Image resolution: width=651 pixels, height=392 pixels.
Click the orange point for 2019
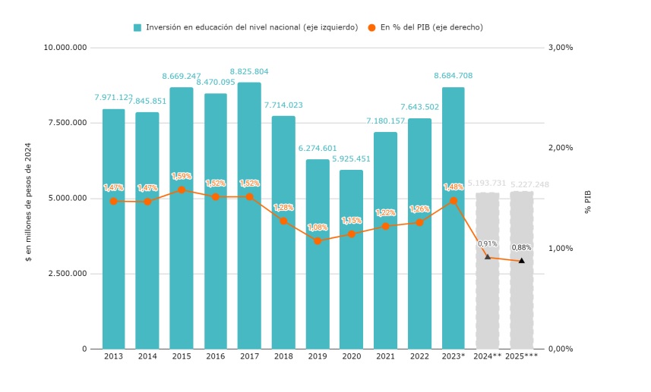(x=318, y=240)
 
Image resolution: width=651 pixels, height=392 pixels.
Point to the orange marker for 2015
(x=182, y=190)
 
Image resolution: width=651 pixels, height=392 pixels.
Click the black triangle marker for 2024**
(x=488, y=256)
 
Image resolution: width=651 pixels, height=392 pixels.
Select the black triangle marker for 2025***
(x=521, y=261)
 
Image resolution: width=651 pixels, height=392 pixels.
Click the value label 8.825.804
(x=249, y=72)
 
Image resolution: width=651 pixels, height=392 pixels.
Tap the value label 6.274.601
(x=318, y=149)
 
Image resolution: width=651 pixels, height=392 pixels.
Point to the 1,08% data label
(x=318, y=227)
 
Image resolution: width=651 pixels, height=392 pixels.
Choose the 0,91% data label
(x=488, y=243)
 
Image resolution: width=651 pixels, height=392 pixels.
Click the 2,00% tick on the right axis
(x=561, y=148)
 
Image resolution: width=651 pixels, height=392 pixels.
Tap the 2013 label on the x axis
(x=113, y=356)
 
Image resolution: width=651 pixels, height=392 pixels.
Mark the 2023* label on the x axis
(x=453, y=356)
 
